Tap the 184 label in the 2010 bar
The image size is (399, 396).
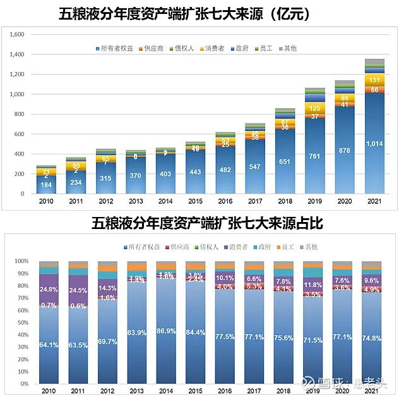[47, 185]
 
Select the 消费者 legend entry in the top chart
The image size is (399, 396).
[213, 47]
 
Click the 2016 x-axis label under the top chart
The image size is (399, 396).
[225, 201]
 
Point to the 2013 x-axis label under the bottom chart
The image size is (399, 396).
[137, 392]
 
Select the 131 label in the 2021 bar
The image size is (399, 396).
[374, 80]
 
